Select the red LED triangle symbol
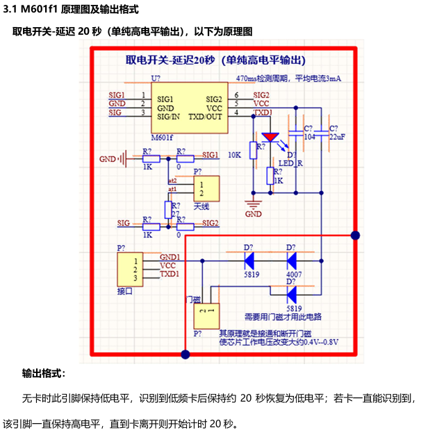coord(269,138)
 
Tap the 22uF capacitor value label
coord(337,137)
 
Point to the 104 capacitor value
coord(309,137)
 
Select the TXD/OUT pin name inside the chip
coord(205,117)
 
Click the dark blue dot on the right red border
coord(356,236)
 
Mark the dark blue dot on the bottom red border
coord(185,354)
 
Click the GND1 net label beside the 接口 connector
coord(170,256)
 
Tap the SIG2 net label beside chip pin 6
coord(262,94)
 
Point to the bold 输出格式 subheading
coord(43,373)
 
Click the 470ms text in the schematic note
coord(247,78)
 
